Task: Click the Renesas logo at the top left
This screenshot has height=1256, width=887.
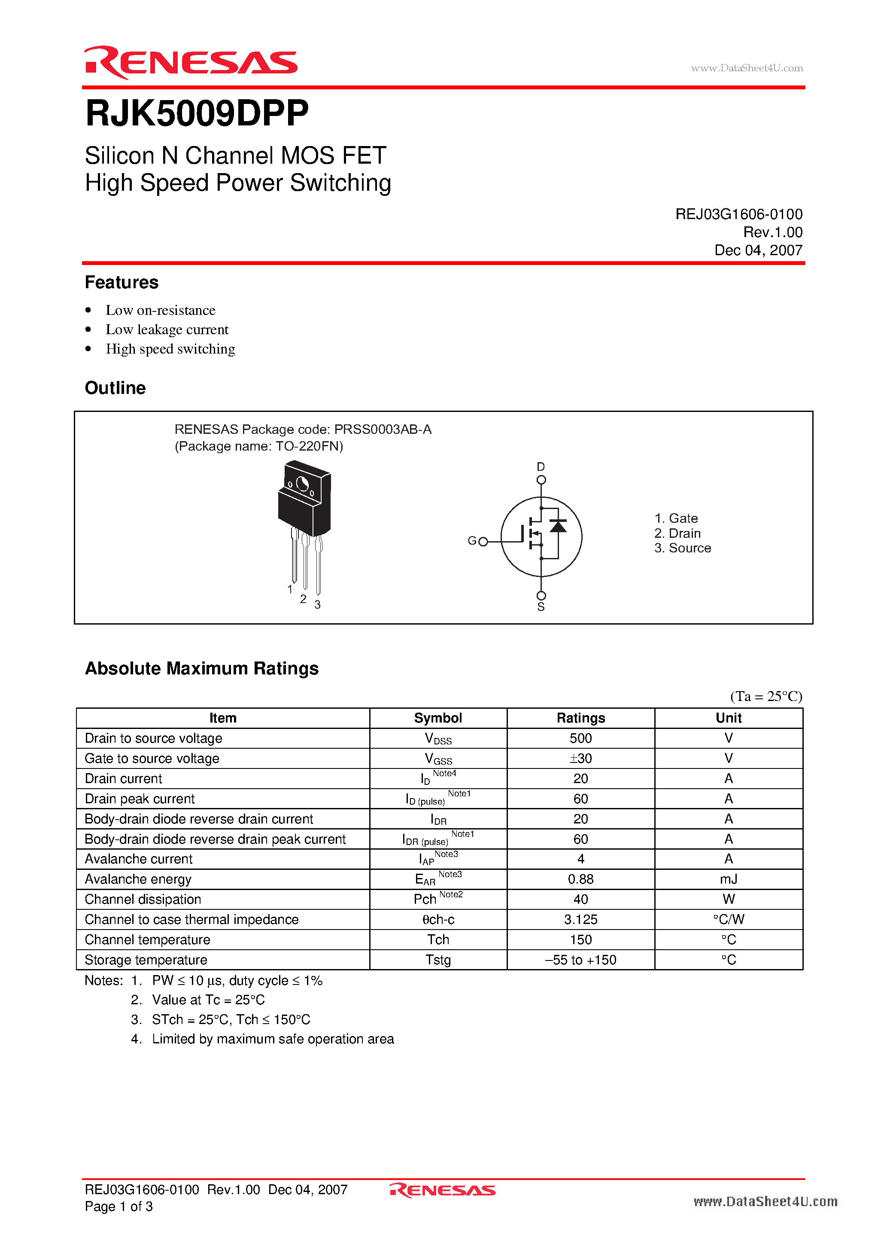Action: pyautogui.click(x=190, y=62)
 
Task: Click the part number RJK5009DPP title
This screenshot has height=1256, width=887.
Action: pyautogui.click(x=197, y=113)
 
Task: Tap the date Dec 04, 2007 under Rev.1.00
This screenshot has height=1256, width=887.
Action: pyautogui.click(x=758, y=250)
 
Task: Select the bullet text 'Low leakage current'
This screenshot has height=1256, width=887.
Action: pyautogui.click(x=167, y=330)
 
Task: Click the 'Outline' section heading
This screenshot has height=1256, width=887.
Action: pyautogui.click(x=115, y=388)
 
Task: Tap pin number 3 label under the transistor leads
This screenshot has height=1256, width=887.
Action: pyautogui.click(x=317, y=605)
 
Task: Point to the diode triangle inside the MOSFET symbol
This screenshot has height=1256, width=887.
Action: pyautogui.click(x=558, y=526)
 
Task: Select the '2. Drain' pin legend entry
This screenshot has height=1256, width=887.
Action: pyautogui.click(x=677, y=533)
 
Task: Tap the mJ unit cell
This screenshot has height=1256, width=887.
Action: pyautogui.click(x=729, y=880)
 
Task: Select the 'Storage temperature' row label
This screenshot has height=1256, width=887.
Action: pyautogui.click(x=146, y=960)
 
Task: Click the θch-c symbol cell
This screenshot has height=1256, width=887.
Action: pyautogui.click(x=438, y=920)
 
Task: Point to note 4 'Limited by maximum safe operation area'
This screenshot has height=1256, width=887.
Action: pyautogui.click(x=272, y=1040)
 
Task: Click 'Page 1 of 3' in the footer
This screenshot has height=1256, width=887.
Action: pyautogui.click(x=118, y=1207)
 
